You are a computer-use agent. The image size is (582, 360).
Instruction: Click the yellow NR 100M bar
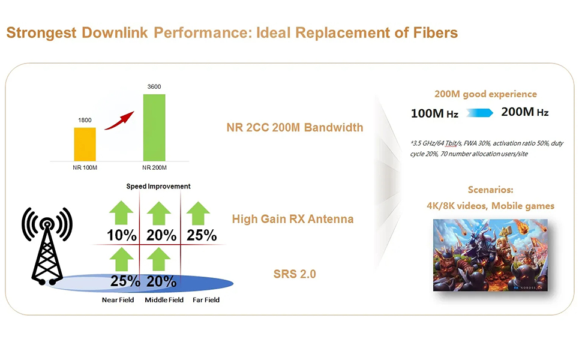click(x=85, y=144)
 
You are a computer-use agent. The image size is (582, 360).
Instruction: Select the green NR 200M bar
click(x=154, y=127)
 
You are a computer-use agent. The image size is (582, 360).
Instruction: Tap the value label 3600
click(x=154, y=87)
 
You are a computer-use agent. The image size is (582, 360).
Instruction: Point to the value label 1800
click(x=85, y=120)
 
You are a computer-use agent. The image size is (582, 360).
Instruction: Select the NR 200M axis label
click(x=154, y=167)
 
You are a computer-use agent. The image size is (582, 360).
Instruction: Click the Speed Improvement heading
click(x=158, y=186)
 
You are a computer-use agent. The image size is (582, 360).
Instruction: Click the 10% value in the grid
click(x=122, y=235)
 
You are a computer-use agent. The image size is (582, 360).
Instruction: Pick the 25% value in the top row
click(x=202, y=235)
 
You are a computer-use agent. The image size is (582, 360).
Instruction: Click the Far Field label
click(x=206, y=299)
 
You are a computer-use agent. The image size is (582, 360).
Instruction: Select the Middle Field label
click(x=164, y=299)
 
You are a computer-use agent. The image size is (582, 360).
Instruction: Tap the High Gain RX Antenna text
click(x=293, y=219)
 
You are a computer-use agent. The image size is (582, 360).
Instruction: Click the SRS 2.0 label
click(x=295, y=274)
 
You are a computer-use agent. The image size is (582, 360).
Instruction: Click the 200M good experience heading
click(x=485, y=94)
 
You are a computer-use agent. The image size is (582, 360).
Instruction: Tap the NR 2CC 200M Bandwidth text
click(x=295, y=127)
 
